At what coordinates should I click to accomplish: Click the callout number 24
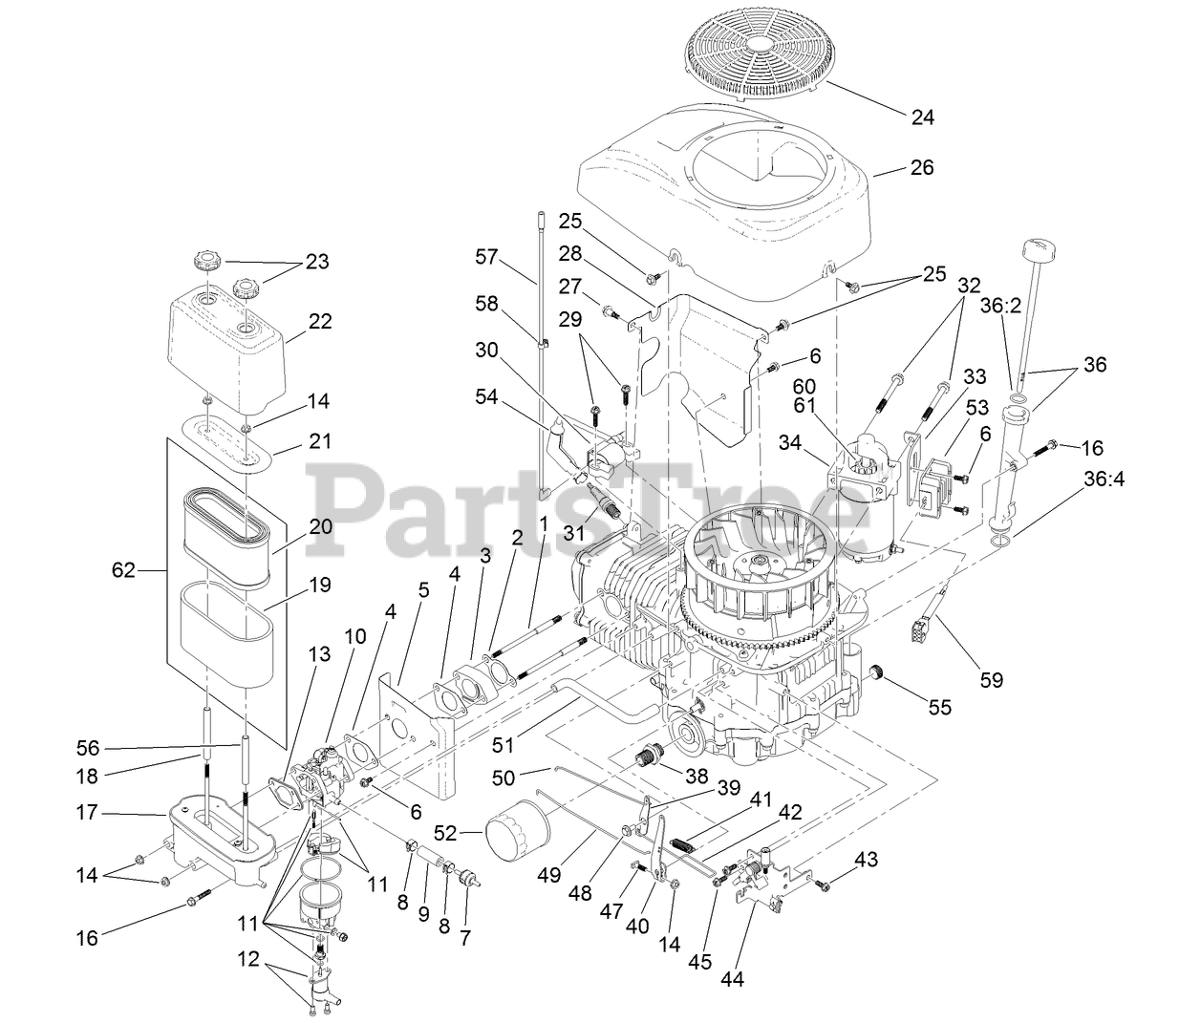pyautogui.click(x=922, y=117)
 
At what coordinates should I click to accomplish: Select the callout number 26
pyautogui.click(x=922, y=167)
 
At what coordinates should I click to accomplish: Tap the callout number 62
pyautogui.click(x=124, y=571)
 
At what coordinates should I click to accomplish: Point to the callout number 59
pyautogui.click(x=992, y=681)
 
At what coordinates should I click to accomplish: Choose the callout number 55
pyautogui.click(x=940, y=709)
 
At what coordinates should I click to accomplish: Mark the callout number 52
pyautogui.click(x=470, y=832)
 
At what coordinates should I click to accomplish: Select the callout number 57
pyautogui.click(x=486, y=256)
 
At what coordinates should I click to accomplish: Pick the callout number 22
pyautogui.click(x=320, y=322)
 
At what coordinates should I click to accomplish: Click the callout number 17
pyautogui.click(x=87, y=814)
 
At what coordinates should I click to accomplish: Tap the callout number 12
pyautogui.click(x=248, y=960)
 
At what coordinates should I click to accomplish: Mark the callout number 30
pyautogui.click(x=486, y=351)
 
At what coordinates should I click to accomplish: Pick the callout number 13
pyautogui.click(x=319, y=654)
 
